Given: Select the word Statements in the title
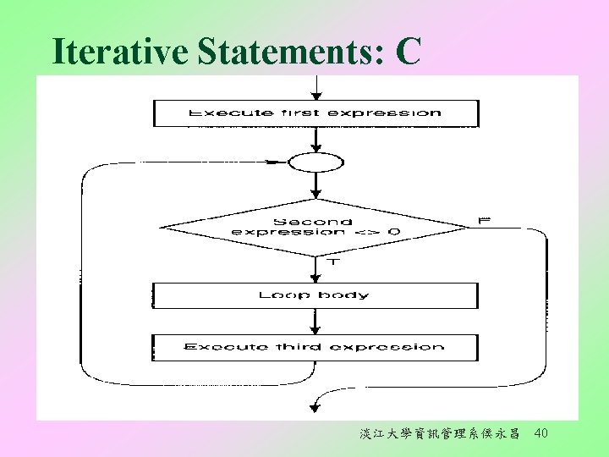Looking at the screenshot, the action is tap(290, 52).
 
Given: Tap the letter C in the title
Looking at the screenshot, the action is tap(407, 52).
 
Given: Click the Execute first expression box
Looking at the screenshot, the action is tap(315, 113).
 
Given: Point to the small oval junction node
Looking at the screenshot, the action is tap(315, 162).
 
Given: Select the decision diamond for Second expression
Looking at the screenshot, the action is tap(315, 227).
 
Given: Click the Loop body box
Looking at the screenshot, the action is tap(315, 295).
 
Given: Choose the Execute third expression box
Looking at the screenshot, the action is tap(315, 347).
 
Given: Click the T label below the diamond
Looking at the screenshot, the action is tap(332, 262).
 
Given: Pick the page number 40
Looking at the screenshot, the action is tap(541, 434).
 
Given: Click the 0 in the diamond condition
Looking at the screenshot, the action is tap(395, 232).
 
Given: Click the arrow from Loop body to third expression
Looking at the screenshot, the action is tap(315, 321).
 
